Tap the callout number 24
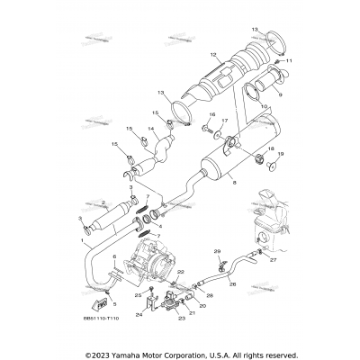point(140,315)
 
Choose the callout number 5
point(114,305)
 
